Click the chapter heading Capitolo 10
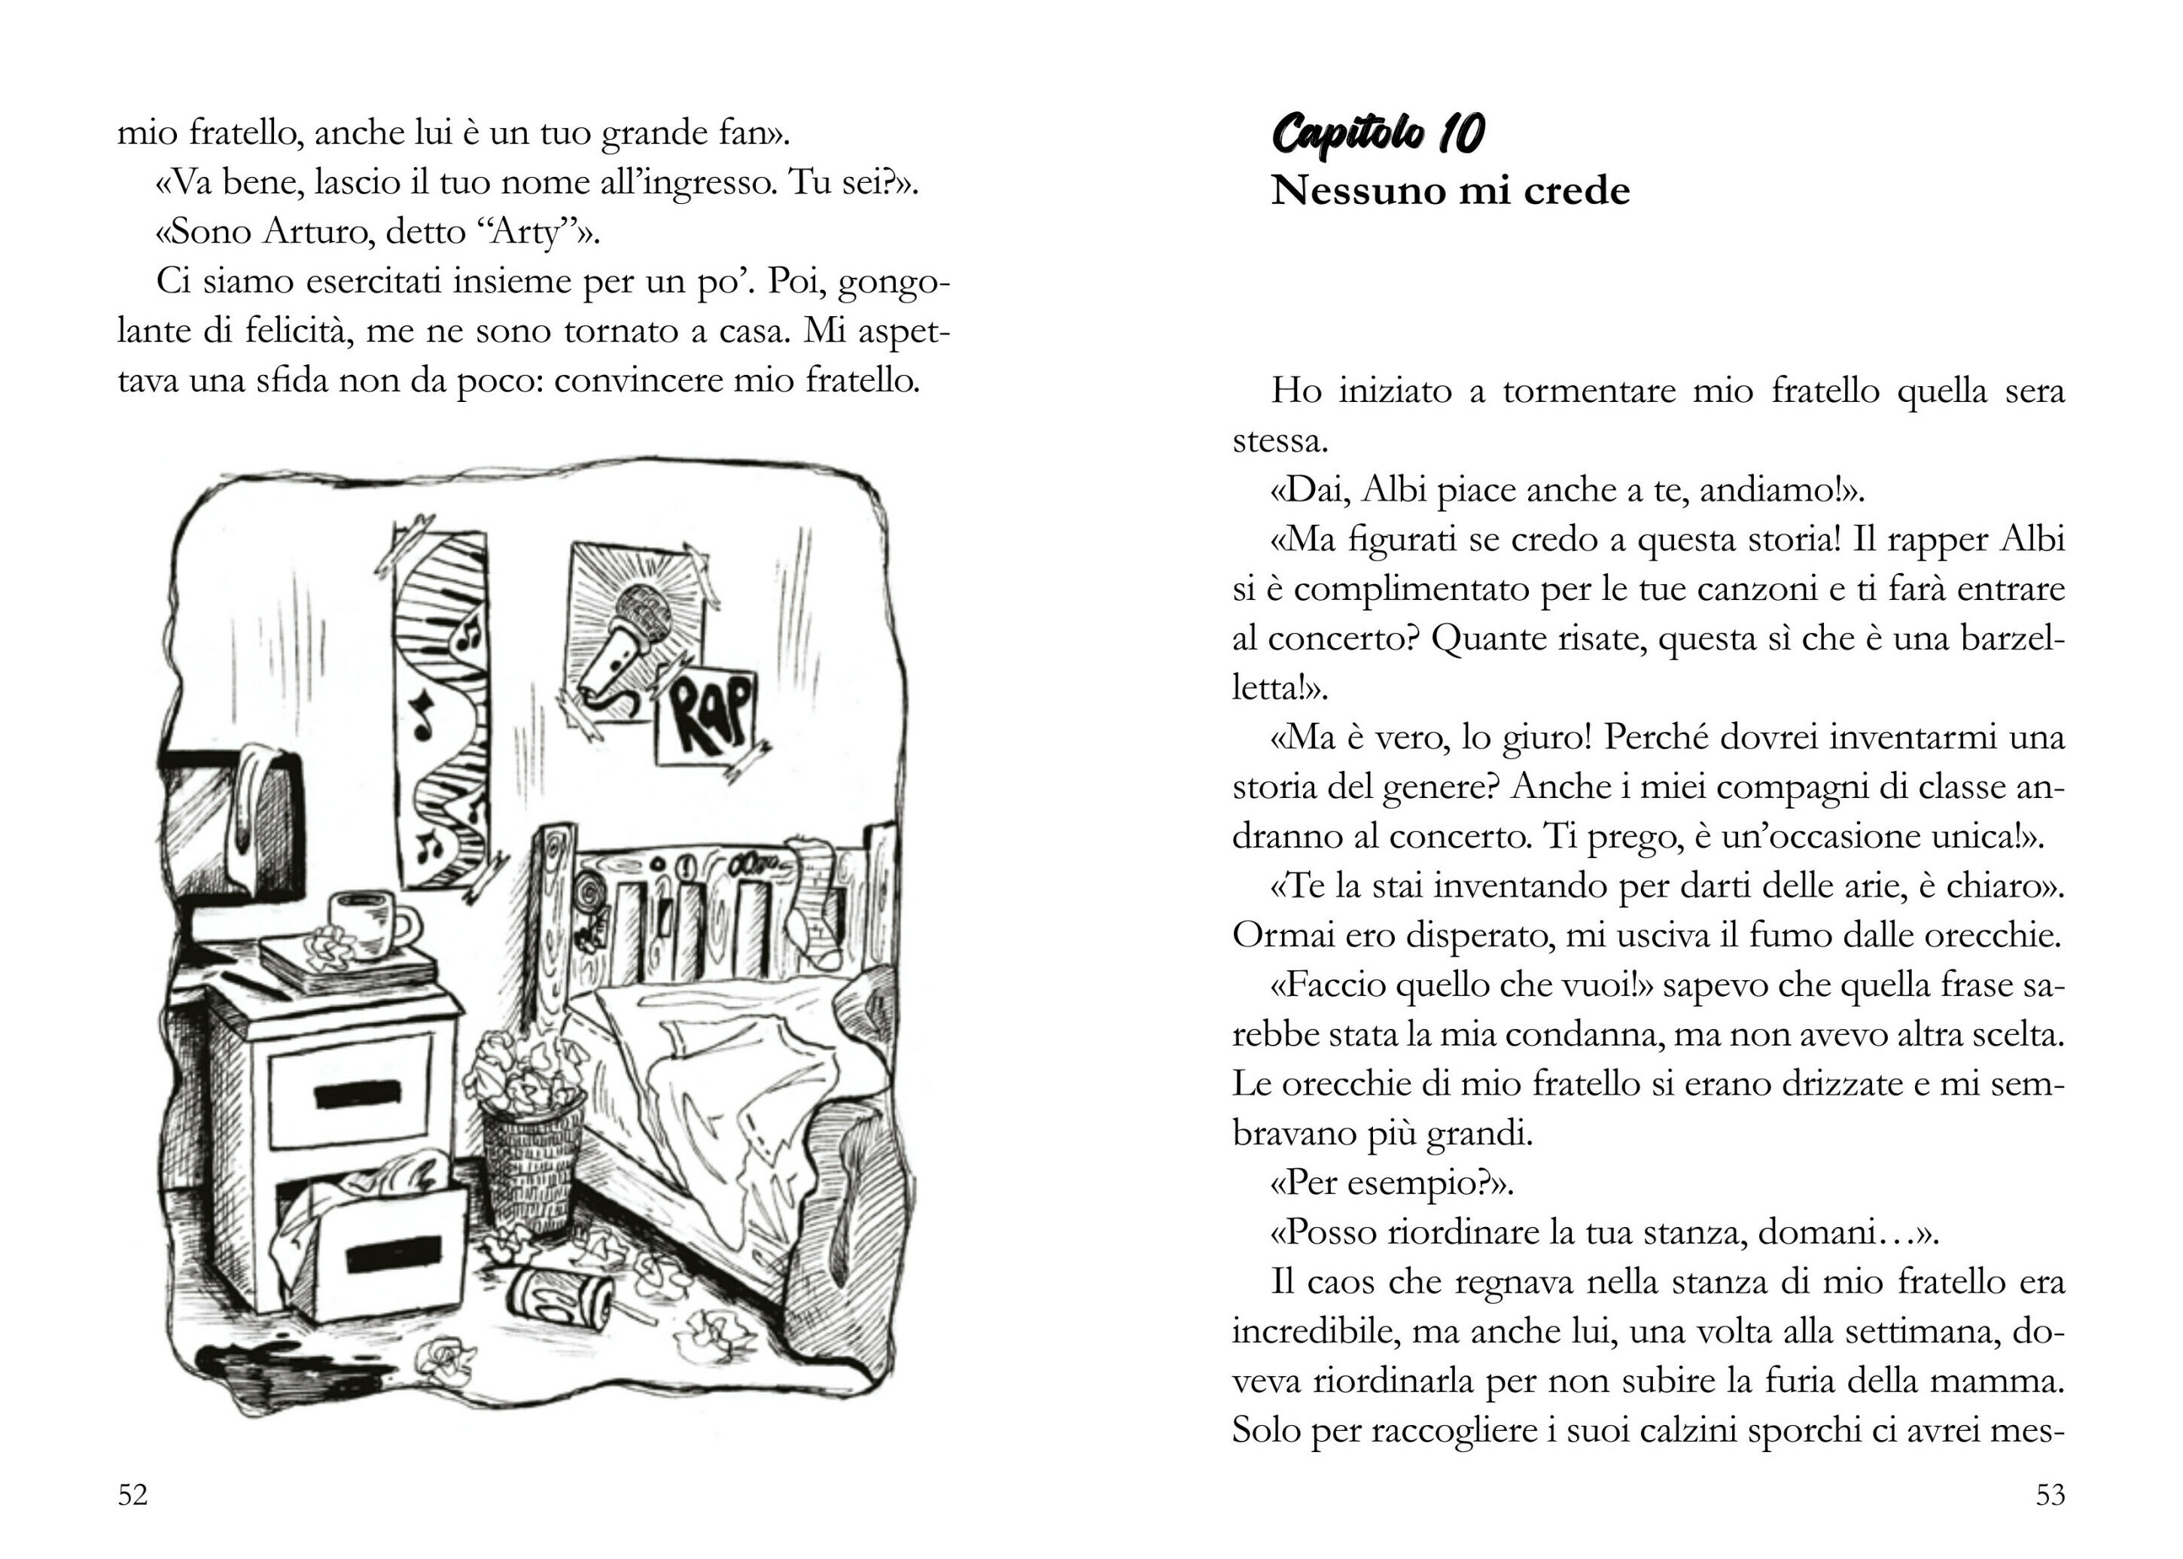pyautogui.click(x=1378, y=133)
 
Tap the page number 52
pyautogui.click(x=132, y=1495)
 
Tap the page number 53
pyautogui.click(x=2050, y=1495)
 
